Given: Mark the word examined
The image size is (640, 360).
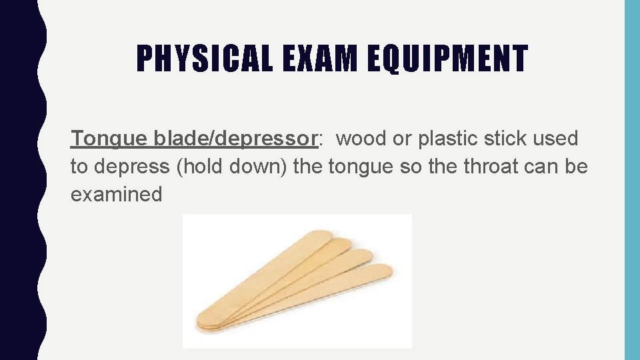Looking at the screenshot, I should [x=117, y=195].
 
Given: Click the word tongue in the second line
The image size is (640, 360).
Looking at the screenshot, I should [x=360, y=167].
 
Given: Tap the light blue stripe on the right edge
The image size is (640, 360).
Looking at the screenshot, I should [x=631, y=180].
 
